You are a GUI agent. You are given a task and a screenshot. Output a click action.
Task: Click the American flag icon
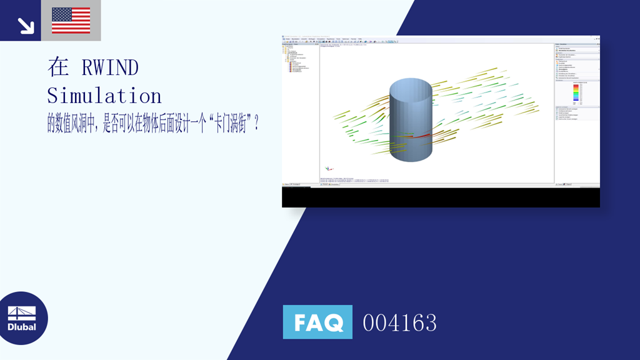click(x=71, y=20)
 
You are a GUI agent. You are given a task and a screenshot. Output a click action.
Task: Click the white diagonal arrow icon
click(x=25, y=24)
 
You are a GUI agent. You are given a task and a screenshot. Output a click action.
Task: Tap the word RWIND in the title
click(x=109, y=67)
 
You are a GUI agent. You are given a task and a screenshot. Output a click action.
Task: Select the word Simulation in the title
click(x=104, y=96)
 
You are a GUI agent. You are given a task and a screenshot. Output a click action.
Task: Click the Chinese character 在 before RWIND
click(x=57, y=67)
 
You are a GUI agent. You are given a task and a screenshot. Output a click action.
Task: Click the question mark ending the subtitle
click(x=256, y=124)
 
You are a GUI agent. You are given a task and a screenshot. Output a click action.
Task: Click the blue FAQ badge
click(x=317, y=322)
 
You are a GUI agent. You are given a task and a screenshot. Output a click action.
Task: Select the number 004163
click(x=399, y=322)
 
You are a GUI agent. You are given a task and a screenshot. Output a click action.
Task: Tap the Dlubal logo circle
click(x=24, y=318)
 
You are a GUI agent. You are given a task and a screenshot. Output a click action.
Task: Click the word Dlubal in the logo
click(x=22, y=327)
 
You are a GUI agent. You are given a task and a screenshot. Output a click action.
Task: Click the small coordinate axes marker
click(x=329, y=168)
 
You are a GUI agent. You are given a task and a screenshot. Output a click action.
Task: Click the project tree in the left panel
click(x=297, y=59)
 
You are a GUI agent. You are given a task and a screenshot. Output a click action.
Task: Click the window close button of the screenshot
click(x=597, y=37)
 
